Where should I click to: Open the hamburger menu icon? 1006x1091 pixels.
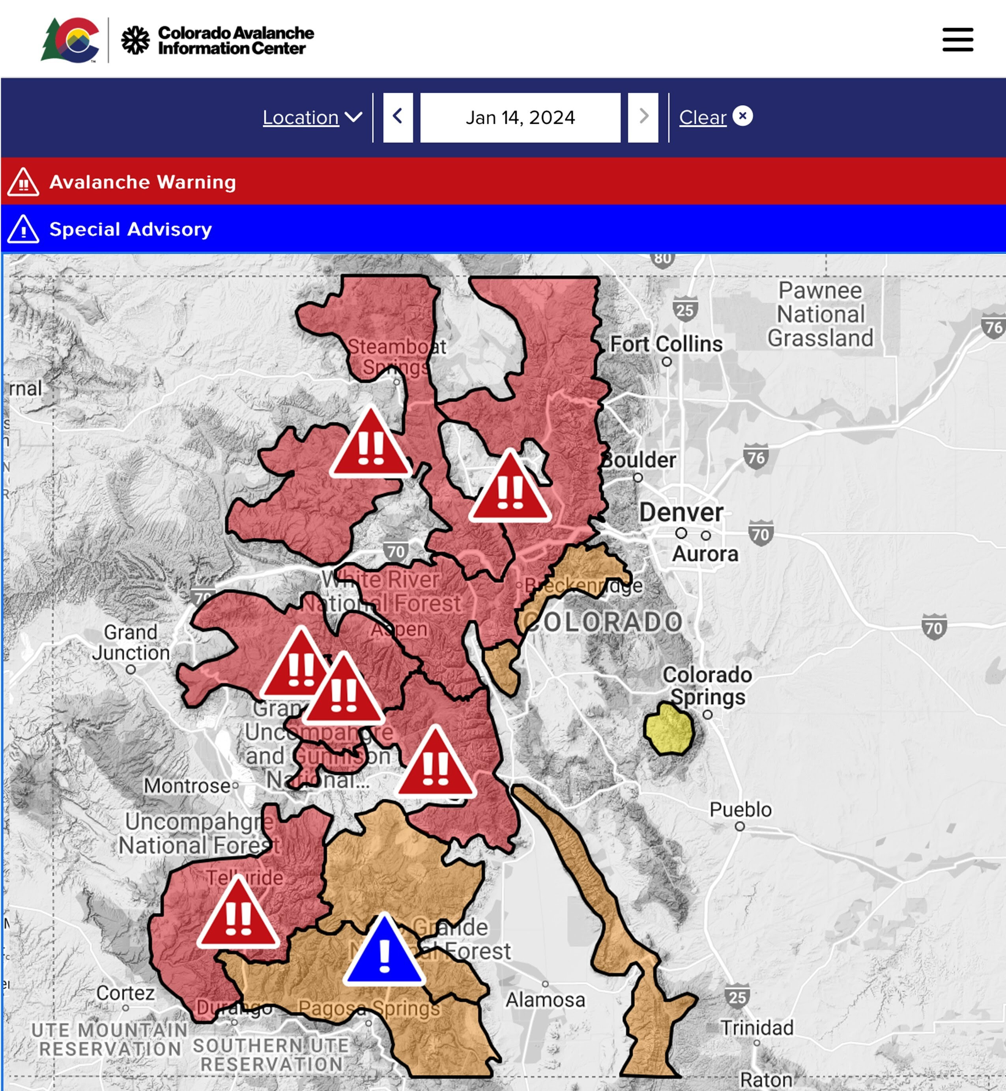[957, 40]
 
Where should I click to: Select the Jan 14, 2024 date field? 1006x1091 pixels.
[520, 117]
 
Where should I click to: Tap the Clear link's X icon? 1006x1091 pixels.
[742, 116]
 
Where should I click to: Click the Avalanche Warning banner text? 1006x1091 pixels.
[143, 182]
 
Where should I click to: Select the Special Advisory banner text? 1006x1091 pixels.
[131, 229]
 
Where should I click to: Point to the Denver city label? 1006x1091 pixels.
[681, 513]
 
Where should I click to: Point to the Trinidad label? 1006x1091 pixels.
[757, 1028]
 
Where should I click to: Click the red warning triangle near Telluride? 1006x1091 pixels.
[238, 916]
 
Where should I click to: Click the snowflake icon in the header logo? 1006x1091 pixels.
[135, 40]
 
